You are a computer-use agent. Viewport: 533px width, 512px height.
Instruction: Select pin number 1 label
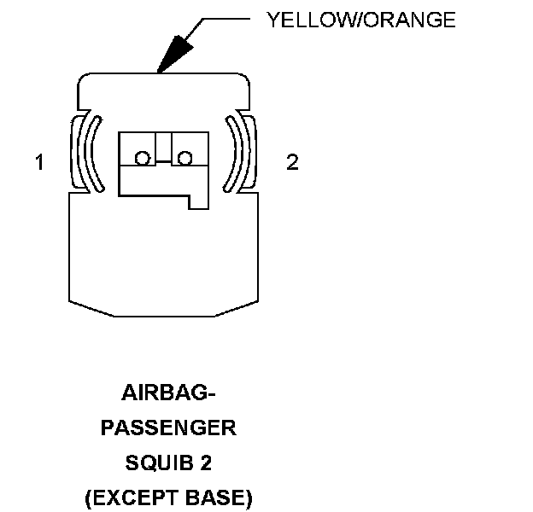(39, 162)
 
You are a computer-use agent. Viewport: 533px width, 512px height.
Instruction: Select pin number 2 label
(292, 162)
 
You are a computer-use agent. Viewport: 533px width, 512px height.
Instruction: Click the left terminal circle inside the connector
(142, 157)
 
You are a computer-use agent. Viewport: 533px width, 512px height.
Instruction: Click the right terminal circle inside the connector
(184, 157)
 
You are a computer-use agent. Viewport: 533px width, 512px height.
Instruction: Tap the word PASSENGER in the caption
(168, 428)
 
